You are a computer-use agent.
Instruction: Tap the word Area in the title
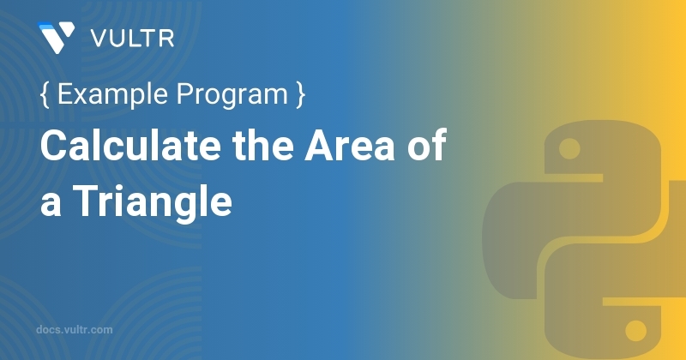pos(350,148)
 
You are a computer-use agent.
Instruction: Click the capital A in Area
pos(318,148)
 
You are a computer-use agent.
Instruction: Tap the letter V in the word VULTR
pos(99,38)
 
